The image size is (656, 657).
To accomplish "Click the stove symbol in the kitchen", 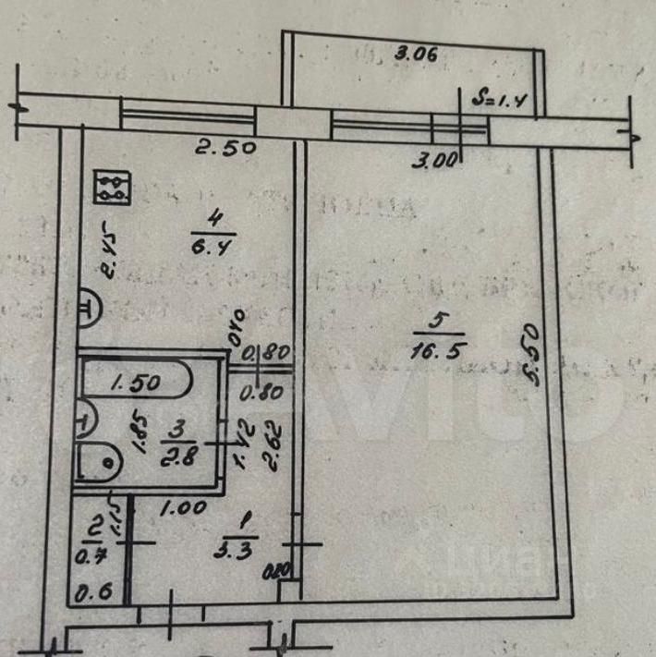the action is tap(115, 188).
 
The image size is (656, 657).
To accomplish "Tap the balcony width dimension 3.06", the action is tap(415, 54).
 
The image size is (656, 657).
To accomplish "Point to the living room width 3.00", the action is tap(436, 160).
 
